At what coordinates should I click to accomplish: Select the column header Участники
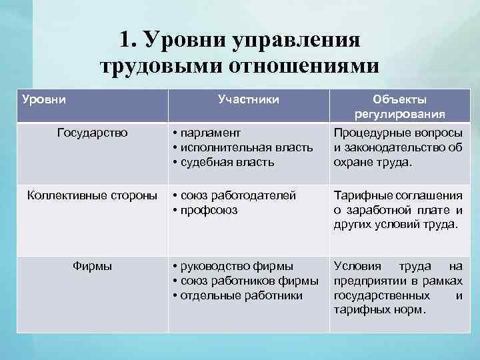(x=248, y=99)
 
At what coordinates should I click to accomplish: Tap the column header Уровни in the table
(x=44, y=99)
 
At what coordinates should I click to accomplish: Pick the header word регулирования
(x=400, y=113)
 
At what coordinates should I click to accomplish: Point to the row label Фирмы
(x=91, y=265)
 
